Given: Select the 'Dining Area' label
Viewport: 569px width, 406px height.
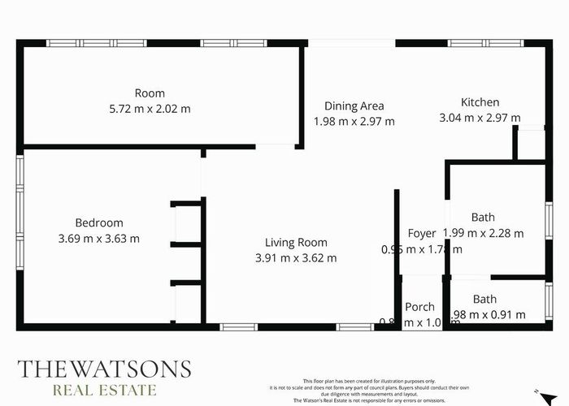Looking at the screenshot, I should click(x=354, y=106).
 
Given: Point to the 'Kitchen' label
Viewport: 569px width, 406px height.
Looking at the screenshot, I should click(x=480, y=102).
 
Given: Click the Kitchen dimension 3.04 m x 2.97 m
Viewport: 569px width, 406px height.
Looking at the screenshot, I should click(x=480, y=118).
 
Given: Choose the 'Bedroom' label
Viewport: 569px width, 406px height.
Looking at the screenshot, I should click(x=99, y=223).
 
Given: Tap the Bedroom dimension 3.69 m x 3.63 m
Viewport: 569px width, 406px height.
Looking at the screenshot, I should click(x=99, y=239).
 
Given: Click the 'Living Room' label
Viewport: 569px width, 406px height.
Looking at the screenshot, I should click(x=296, y=242).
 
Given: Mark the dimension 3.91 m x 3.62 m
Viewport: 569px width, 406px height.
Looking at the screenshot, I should click(x=296, y=258).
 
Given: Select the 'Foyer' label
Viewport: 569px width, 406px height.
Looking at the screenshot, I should click(x=422, y=234).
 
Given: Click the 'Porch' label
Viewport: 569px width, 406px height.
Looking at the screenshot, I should click(x=420, y=307).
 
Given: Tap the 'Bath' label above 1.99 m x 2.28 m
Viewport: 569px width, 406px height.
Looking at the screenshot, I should click(x=484, y=218).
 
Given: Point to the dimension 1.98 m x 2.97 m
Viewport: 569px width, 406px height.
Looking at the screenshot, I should click(x=354, y=121).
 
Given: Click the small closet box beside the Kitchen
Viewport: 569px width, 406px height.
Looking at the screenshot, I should click(x=530, y=145).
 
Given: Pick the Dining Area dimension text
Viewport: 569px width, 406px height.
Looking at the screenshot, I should click(x=354, y=121).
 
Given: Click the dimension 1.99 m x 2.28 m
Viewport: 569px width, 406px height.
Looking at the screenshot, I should click(x=485, y=233).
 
